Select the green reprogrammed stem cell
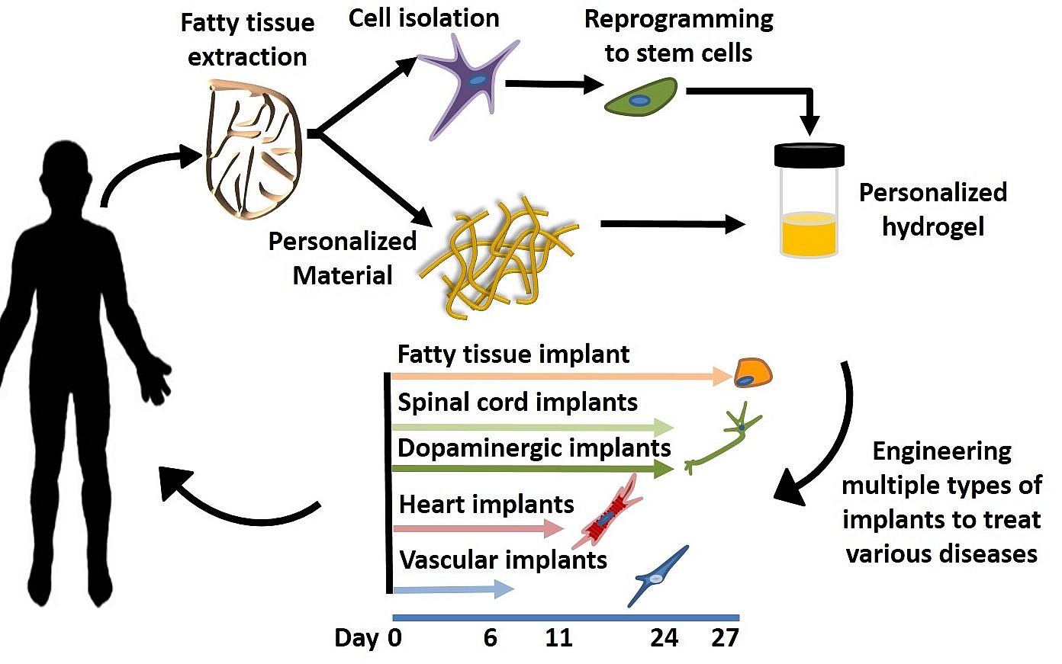pos(641,97)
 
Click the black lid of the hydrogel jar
pos(809,155)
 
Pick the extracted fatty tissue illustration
pos(253,149)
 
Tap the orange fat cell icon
pos(753,373)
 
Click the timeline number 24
pos(664,638)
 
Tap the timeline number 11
pos(558,638)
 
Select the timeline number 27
pos(725,638)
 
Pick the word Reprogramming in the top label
pos(679,20)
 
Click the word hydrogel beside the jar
pos(933,227)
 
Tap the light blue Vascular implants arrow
pos(454,589)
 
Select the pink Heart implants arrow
pos(478,528)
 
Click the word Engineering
pos(942,452)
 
